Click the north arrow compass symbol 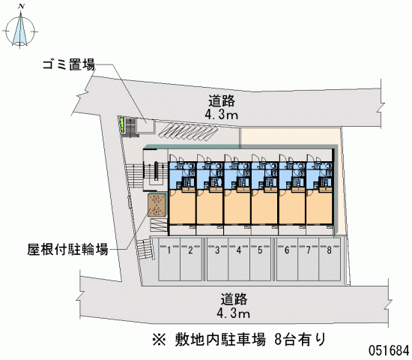click(x=20, y=29)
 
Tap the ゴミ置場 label click(x=69, y=64)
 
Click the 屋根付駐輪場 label click(x=67, y=249)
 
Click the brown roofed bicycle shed click(x=157, y=205)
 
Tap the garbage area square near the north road click(x=145, y=126)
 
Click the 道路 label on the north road click(x=222, y=100)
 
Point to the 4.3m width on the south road click(x=233, y=313)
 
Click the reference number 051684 click(x=389, y=350)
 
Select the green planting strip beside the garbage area click(x=121, y=124)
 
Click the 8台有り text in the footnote click(x=300, y=340)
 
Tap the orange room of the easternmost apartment click(x=319, y=207)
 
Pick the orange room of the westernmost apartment click(x=182, y=207)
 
